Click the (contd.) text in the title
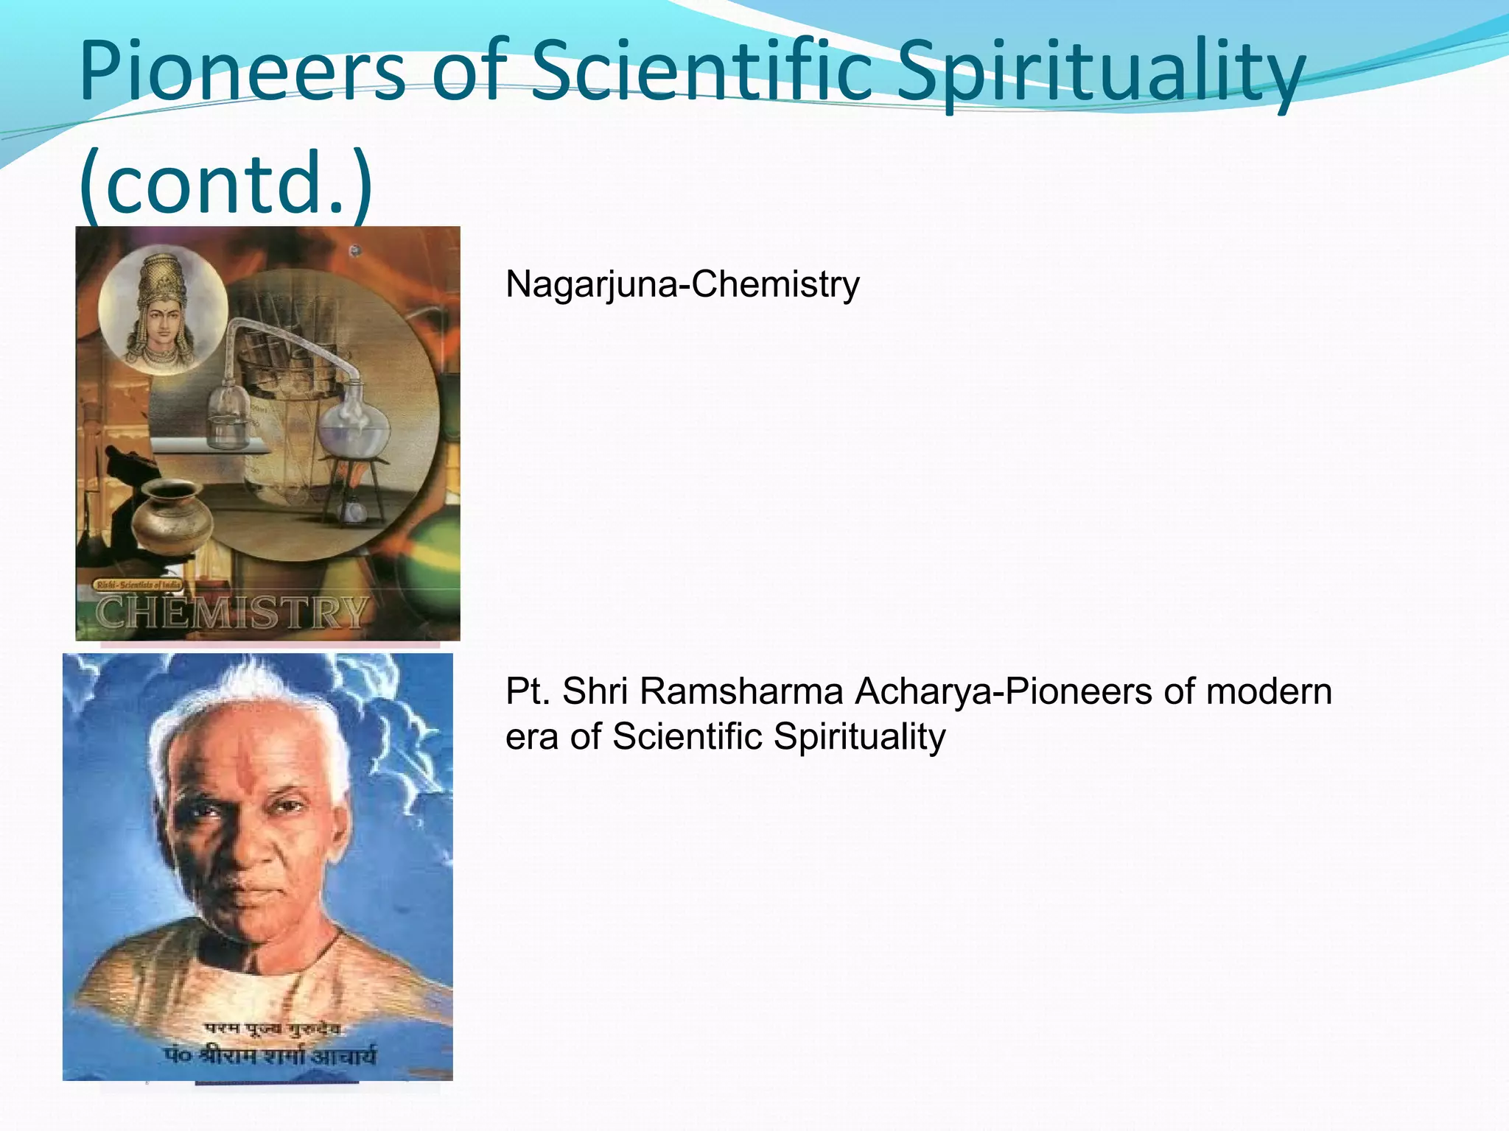click(x=225, y=181)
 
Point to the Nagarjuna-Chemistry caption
click(x=682, y=284)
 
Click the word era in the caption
click(x=531, y=736)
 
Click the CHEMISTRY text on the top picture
click(x=231, y=613)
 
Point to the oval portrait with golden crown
click(x=163, y=310)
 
